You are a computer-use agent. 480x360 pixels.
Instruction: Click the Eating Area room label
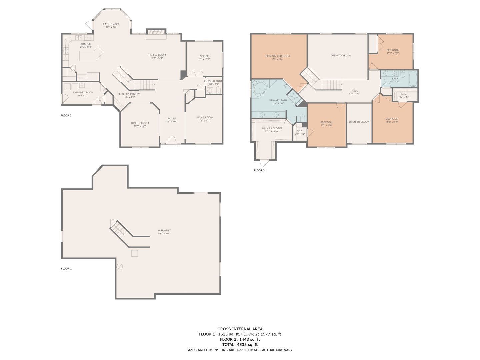[x=111, y=24]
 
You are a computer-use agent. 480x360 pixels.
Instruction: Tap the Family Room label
[x=157, y=55]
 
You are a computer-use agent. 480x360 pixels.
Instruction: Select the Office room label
[x=204, y=56]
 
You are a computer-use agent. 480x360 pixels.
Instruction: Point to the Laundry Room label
[x=83, y=92]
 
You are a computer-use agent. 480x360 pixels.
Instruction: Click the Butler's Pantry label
[x=129, y=94]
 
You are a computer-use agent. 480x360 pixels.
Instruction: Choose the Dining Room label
[x=140, y=123]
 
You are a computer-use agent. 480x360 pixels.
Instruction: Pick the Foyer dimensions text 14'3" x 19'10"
[x=172, y=122]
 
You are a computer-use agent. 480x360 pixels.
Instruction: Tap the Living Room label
[x=204, y=117]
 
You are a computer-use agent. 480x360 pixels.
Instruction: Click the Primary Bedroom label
[x=277, y=56]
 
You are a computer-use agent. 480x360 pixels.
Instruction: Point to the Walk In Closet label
[x=272, y=128]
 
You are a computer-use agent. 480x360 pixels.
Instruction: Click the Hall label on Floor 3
[x=354, y=91]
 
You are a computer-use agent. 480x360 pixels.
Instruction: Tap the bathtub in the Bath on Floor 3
[x=413, y=79]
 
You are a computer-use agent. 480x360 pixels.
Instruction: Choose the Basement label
[x=164, y=230]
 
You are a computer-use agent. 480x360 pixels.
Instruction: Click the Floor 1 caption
[x=66, y=268]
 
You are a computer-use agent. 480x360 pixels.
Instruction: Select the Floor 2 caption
[x=66, y=115]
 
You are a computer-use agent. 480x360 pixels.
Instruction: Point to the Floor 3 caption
[x=259, y=170]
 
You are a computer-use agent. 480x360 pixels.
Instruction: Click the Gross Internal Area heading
[x=240, y=329]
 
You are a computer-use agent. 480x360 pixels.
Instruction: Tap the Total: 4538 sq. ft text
[x=240, y=345]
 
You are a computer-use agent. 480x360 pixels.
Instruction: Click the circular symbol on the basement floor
[x=119, y=267]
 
